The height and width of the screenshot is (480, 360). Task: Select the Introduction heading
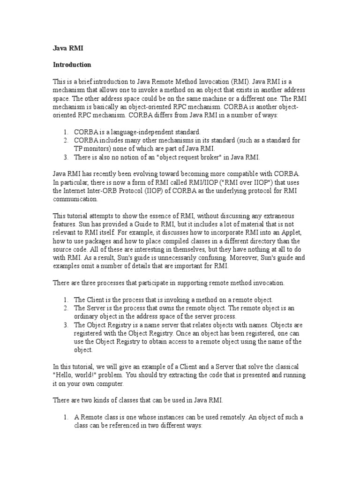point(72,64)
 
